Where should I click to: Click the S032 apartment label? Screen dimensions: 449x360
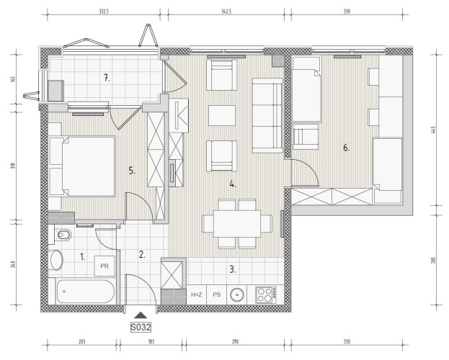click(141, 327)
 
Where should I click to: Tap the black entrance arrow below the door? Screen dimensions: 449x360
click(141, 315)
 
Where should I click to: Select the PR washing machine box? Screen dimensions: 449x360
click(105, 266)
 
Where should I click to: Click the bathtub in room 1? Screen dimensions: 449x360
click(86, 292)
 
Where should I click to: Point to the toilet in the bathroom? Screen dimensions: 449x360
click(62, 235)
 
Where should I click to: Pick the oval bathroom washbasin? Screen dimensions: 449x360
click(56, 260)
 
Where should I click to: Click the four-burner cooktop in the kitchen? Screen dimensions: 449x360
click(266, 295)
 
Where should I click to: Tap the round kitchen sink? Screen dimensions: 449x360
click(237, 294)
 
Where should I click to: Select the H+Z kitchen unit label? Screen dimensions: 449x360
click(197, 294)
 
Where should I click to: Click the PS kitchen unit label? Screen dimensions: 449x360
click(217, 294)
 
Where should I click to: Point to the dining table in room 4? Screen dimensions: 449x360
click(237, 224)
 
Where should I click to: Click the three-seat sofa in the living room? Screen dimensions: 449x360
click(267, 115)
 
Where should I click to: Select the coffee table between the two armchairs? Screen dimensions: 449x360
click(222, 115)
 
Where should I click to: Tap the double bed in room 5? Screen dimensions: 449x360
click(82, 166)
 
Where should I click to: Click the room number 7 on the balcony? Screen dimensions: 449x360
click(107, 78)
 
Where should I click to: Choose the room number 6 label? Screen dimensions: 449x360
click(346, 148)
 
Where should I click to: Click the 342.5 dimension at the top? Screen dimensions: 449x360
click(226, 12)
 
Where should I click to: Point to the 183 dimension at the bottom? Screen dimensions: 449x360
click(151, 341)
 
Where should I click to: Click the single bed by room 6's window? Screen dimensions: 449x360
click(306, 89)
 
